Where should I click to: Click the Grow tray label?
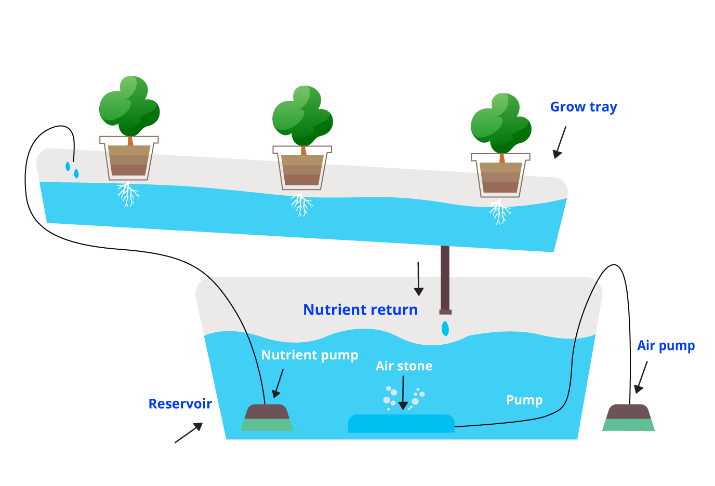pos(583,107)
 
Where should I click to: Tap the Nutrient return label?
pos(360,310)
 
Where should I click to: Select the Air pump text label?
pos(666,346)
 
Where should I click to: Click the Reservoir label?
pos(180,403)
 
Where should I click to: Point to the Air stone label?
pos(404,366)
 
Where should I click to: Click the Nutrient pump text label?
pos(310,355)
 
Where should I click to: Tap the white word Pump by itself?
pos(524,400)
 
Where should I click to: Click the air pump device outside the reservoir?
pos(629,418)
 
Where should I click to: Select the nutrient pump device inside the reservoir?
pos(267,418)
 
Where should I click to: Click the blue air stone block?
pos(401,424)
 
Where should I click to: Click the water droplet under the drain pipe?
pos(445,329)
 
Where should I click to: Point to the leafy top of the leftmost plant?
pos(129,107)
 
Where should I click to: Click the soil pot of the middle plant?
pos(302,170)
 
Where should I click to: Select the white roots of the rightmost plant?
pos(500,212)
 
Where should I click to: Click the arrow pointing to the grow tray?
pos(559,143)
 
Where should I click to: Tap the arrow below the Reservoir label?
pos(189,433)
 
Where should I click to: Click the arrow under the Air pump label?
pos(641,377)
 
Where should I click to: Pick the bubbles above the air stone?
pos(403,397)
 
